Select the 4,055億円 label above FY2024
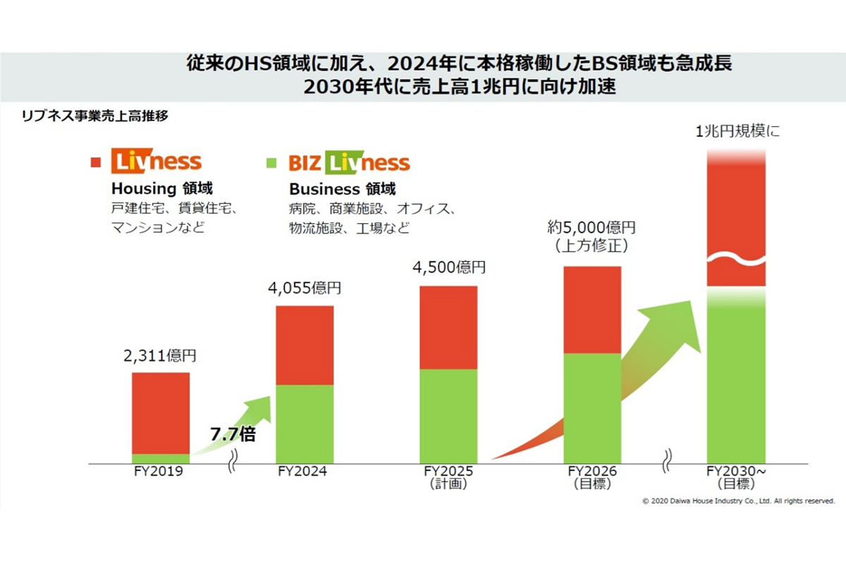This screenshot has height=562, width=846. tap(304, 288)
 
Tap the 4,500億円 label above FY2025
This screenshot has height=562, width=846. tap(448, 268)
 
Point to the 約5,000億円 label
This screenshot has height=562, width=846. tap(591, 228)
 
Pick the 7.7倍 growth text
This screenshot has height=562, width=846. tap(233, 433)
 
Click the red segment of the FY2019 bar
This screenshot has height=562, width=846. tap(161, 413)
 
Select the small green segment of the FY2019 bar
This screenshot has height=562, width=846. tap(161, 458)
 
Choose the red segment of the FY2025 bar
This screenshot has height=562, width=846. tap(448, 327)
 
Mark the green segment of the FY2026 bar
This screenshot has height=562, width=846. tap(592, 408)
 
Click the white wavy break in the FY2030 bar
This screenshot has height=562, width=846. tap(736, 261)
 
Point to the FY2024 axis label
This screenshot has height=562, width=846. tap(304, 472)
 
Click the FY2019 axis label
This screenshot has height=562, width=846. tap(160, 472)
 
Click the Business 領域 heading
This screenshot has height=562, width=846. tap(342, 189)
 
